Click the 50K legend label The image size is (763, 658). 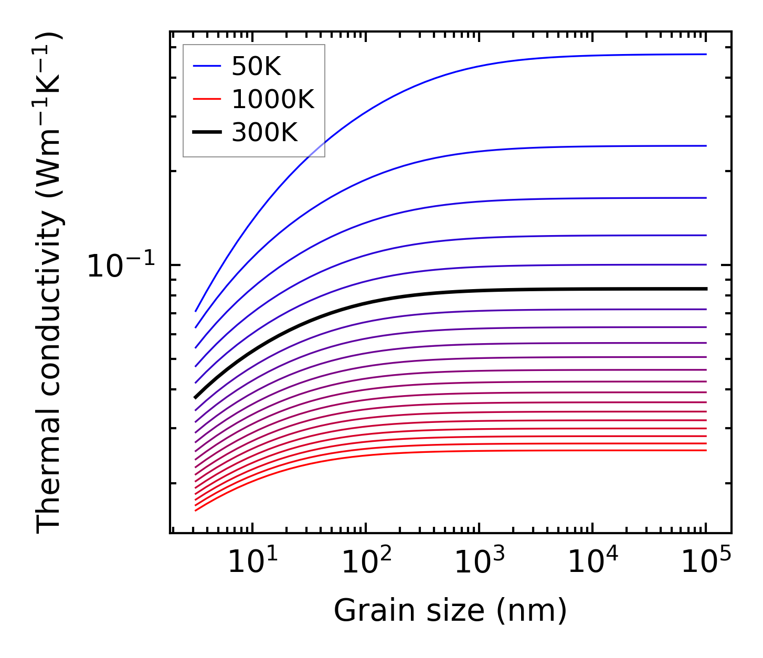pyautogui.click(x=256, y=67)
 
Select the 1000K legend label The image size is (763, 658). pyautogui.click(x=272, y=99)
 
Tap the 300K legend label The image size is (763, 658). pyautogui.click(x=264, y=133)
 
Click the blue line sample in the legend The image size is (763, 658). pyautogui.click(x=207, y=66)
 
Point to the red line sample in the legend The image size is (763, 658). pyautogui.click(x=207, y=99)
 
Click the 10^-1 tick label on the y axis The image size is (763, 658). pyautogui.click(x=121, y=266)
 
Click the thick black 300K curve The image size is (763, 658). pyautogui.click(x=420, y=294)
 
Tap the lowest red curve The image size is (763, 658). pyautogui.click(x=420, y=452)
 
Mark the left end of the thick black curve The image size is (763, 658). pyautogui.click(x=195, y=398)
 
